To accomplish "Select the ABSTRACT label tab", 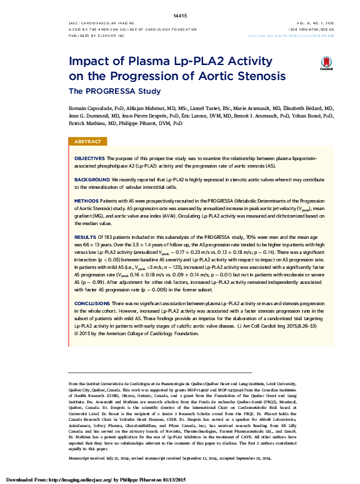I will point(88,143).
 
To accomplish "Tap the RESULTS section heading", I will point(85,238).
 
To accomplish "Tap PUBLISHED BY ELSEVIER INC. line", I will point(97,36).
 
